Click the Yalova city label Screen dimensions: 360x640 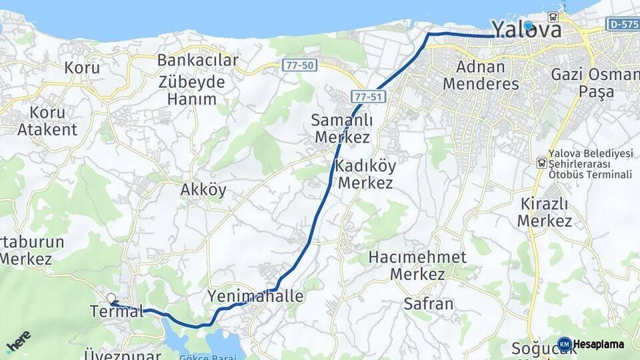point(527,29)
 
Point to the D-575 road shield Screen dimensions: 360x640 point(621,24)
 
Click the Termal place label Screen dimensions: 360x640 point(117,311)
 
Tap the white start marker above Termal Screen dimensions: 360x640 point(111,299)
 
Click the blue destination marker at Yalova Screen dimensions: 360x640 point(528,26)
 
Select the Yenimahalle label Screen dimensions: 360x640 point(255,296)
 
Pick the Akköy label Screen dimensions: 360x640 point(203,190)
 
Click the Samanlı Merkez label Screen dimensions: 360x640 point(341,129)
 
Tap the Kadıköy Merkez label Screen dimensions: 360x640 point(365,173)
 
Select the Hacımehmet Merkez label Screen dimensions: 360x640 point(418,265)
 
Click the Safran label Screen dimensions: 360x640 point(429,304)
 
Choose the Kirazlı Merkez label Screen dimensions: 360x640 point(545,212)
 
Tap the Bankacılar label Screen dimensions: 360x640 point(197,60)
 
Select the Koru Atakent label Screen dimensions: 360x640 point(47,121)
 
